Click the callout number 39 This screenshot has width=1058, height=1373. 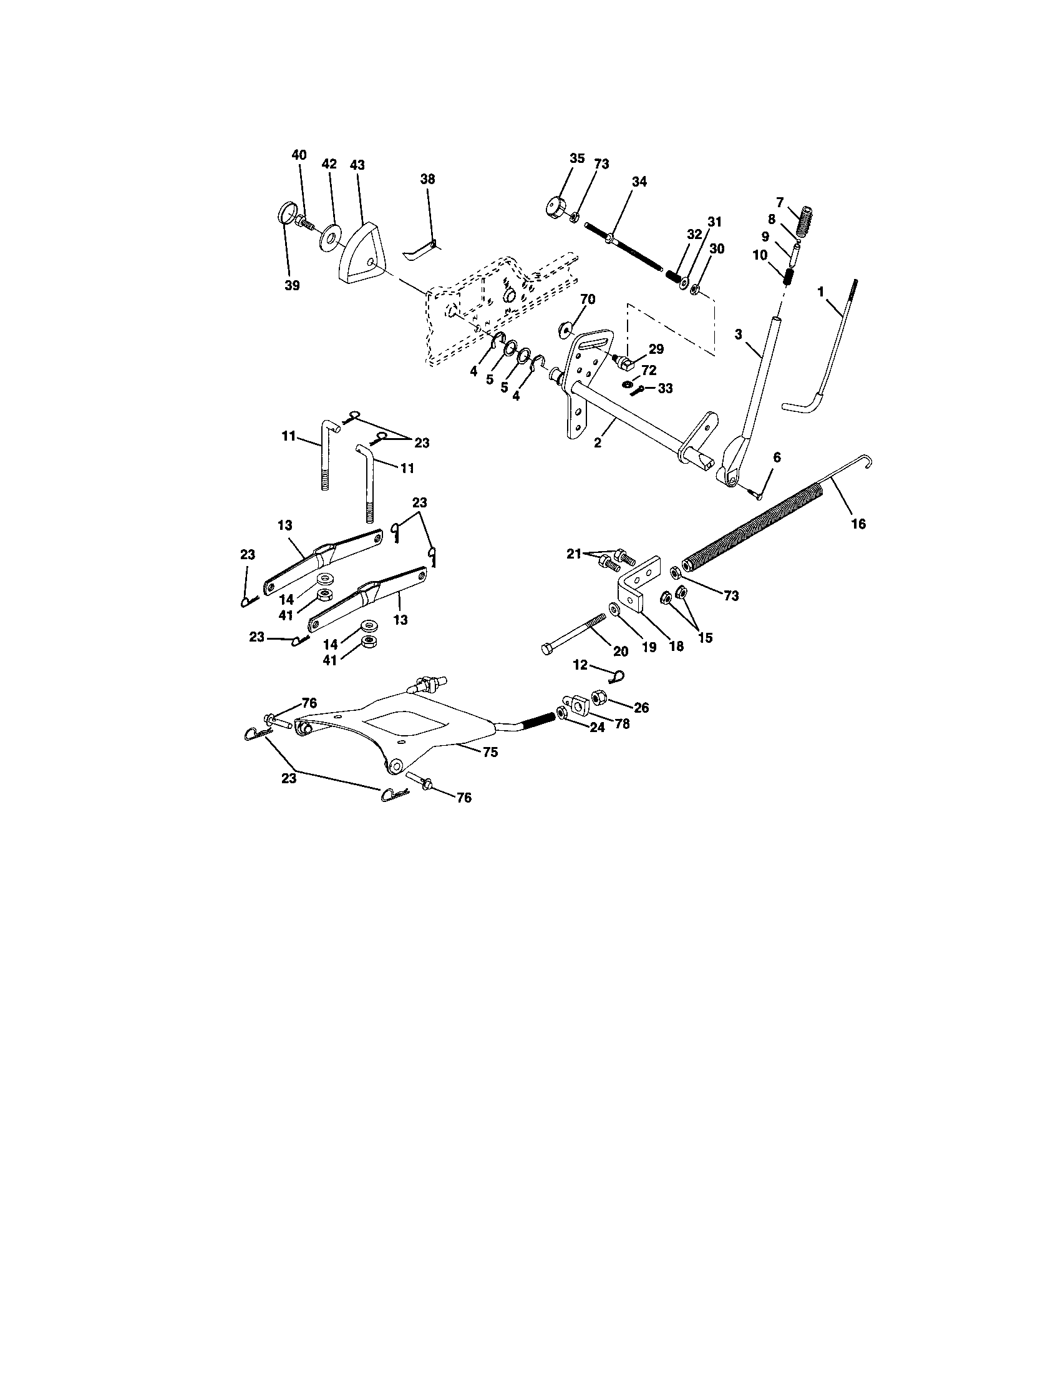[x=291, y=285]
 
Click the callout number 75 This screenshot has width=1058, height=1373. [x=491, y=752]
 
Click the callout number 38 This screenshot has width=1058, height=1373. [x=427, y=179]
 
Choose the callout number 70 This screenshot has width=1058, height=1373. [x=588, y=298]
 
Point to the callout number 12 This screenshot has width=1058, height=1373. [x=580, y=665]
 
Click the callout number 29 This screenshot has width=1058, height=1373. [x=656, y=349]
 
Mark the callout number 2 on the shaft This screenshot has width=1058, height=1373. [x=598, y=443]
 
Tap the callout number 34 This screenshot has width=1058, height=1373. [x=639, y=182]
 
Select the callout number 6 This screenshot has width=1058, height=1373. [x=777, y=457]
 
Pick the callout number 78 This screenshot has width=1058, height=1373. [x=621, y=723]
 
